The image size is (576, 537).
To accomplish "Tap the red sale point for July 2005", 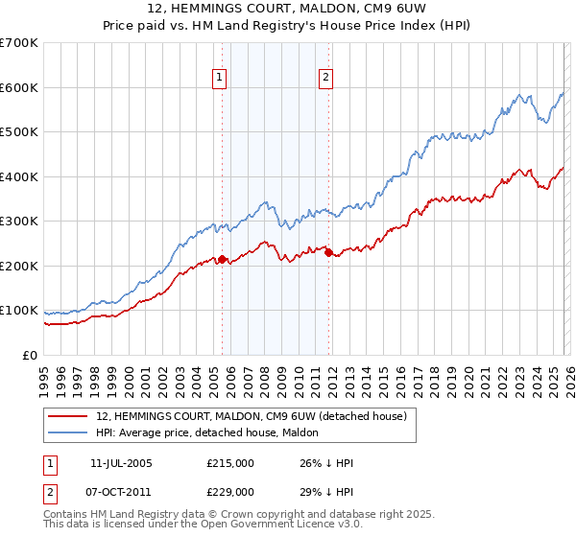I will [x=222, y=259].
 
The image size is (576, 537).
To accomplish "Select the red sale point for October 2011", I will [x=328, y=253].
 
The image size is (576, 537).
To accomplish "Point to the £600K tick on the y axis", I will [x=19, y=87].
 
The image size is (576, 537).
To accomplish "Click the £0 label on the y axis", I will [x=29, y=356].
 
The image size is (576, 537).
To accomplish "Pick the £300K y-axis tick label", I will [x=19, y=222].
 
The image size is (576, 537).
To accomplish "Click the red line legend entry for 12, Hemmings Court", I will [x=252, y=416].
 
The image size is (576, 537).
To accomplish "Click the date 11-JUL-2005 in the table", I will [x=121, y=463].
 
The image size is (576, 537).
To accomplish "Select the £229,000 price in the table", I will [x=229, y=491].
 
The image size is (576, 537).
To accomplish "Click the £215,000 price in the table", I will [x=229, y=463].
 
